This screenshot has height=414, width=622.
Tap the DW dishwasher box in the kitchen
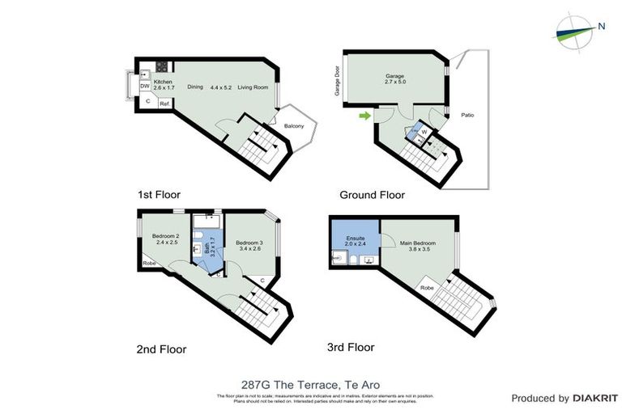pyautogui.click(x=144, y=87)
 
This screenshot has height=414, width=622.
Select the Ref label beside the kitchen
pyautogui.click(x=164, y=103)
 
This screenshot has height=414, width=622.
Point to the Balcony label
pyautogui.click(x=293, y=126)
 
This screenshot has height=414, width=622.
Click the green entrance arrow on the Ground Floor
pyautogui.click(x=365, y=116)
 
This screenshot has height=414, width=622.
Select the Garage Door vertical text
pyautogui.click(x=338, y=82)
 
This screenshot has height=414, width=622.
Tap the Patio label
pyautogui.click(x=467, y=116)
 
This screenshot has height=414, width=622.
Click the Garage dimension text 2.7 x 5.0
pyautogui.click(x=394, y=82)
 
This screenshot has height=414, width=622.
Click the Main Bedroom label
pyautogui.click(x=420, y=243)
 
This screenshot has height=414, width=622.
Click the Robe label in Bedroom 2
pyautogui.click(x=149, y=263)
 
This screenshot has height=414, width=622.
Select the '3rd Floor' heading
pyautogui.click(x=351, y=348)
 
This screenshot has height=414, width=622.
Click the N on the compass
pyautogui.click(x=601, y=26)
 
